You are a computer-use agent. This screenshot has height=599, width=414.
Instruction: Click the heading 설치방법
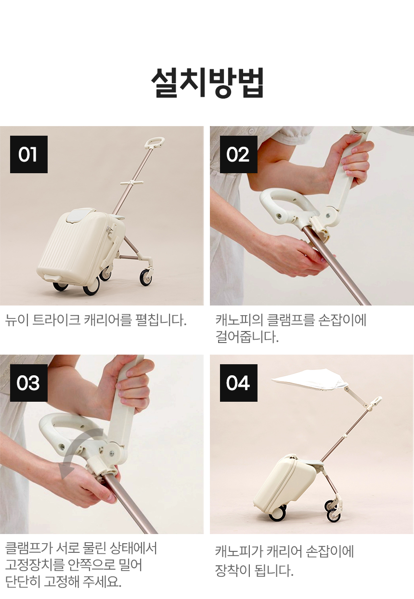(x=207, y=82)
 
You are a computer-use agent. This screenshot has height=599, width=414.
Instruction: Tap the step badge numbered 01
(x=29, y=154)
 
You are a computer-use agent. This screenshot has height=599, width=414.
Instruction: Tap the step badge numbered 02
(x=239, y=154)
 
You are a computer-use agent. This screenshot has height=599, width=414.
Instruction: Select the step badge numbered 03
(x=29, y=382)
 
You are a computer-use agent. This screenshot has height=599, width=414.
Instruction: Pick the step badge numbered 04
(x=239, y=382)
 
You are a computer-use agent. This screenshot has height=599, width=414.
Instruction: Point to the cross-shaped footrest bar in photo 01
(x=130, y=183)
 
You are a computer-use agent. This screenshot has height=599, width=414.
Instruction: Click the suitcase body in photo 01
(x=80, y=246)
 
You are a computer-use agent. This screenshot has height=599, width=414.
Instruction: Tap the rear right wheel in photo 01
(x=146, y=277)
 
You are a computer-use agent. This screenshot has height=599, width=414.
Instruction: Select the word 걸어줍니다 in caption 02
(x=247, y=337)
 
